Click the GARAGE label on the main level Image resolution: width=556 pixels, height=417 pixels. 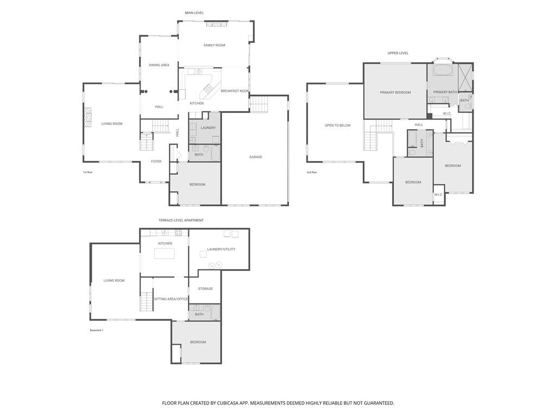pos(256,157)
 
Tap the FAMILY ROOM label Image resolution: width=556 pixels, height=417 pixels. pos(214,45)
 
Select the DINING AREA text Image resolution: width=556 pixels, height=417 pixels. pos(159,65)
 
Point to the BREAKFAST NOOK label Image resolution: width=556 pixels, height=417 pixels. pos(235,91)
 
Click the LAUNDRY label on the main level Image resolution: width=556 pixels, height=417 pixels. pos(208,128)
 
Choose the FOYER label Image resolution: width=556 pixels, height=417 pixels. pos(156,161)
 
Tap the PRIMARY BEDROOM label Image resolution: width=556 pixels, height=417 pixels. pos(395,92)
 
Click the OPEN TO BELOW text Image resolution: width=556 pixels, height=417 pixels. pos(338,125)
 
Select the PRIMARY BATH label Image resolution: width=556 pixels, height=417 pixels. pos(445,92)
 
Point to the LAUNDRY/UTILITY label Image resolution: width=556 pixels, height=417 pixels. pos(222,249)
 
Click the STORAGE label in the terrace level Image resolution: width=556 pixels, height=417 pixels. pos(205,289)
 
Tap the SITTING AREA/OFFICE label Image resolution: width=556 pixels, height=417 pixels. pos(171,299)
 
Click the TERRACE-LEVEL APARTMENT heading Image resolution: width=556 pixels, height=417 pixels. pos(181,220)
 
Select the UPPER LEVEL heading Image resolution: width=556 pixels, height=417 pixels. pos(398,53)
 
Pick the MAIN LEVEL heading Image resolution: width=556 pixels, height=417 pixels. pos(194,13)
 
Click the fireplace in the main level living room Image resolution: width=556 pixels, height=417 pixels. pos(87,117)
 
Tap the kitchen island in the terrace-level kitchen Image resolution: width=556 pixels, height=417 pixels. pos(164,254)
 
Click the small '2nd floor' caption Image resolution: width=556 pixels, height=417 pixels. pos(312,172)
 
